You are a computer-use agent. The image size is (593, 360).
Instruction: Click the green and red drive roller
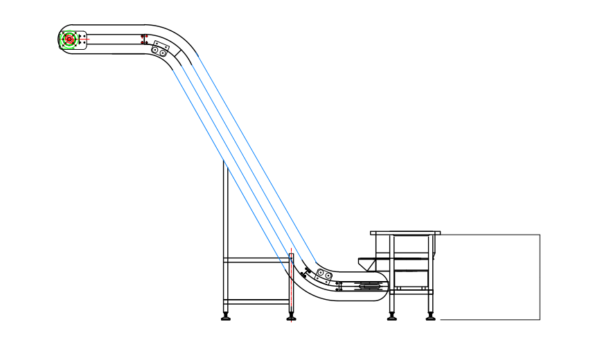coord(69,39)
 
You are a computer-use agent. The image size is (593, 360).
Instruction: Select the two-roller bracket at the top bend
coord(159,49)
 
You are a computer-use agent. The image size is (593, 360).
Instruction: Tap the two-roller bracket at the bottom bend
coord(324,275)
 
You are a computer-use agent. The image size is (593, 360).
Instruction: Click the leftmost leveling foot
coord(226,318)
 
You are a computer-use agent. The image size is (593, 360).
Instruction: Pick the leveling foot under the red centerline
coord(291,318)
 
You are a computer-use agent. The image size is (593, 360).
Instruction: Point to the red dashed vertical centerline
coord(291,284)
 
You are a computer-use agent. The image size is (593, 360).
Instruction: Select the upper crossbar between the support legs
coord(256,260)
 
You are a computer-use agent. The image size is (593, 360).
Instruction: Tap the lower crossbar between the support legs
coord(256,302)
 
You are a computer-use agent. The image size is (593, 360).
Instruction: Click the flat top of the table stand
coord(405,233)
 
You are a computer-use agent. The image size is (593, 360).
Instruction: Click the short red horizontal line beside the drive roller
coord(86,39)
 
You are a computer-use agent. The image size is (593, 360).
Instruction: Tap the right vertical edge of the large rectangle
coord(540,277)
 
